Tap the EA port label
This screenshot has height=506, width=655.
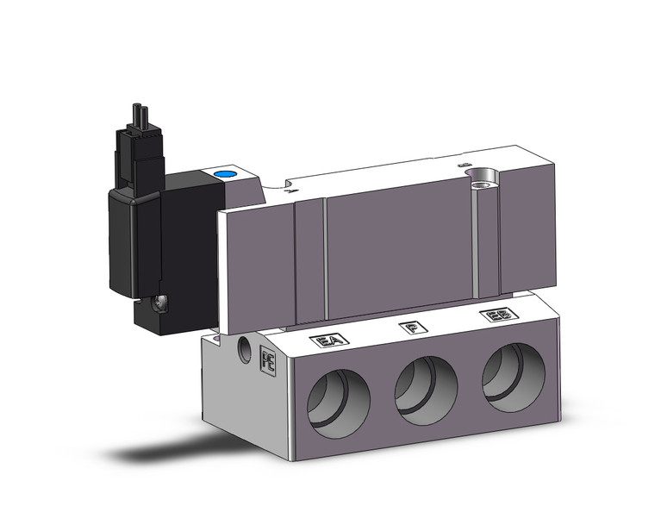pyautogui.click(x=328, y=340)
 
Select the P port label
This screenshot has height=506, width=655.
pyautogui.click(x=413, y=328)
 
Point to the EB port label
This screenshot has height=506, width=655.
pyautogui.click(x=495, y=318)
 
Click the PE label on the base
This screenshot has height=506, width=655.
pyautogui.click(x=267, y=359)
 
